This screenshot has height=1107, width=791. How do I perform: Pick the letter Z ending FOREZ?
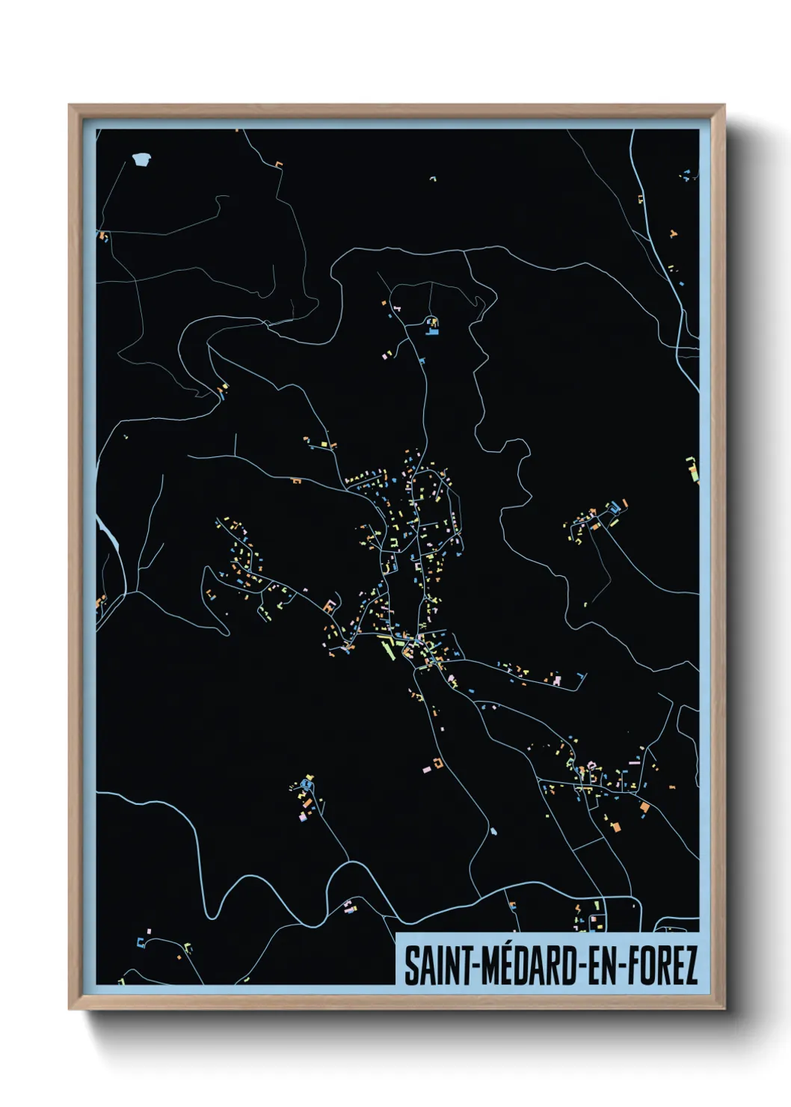point(691,966)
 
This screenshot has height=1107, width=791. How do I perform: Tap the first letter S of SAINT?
point(410,966)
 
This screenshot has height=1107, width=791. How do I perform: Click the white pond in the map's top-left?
point(141,159)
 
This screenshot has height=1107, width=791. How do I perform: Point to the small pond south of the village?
point(493,830)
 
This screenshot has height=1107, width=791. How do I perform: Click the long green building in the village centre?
point(390,648)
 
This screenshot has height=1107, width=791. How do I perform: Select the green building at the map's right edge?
point(692,469)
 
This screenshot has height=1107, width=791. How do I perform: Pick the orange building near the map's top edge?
point(280,164)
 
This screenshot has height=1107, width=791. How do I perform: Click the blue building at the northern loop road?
point(431,325)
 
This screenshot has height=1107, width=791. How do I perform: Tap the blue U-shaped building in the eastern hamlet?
point(616,508)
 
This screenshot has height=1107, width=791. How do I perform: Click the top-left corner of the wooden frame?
point(70,105)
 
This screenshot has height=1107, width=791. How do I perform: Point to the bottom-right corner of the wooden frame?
point(724,1008)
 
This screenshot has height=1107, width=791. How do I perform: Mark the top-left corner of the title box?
point(396,934)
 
